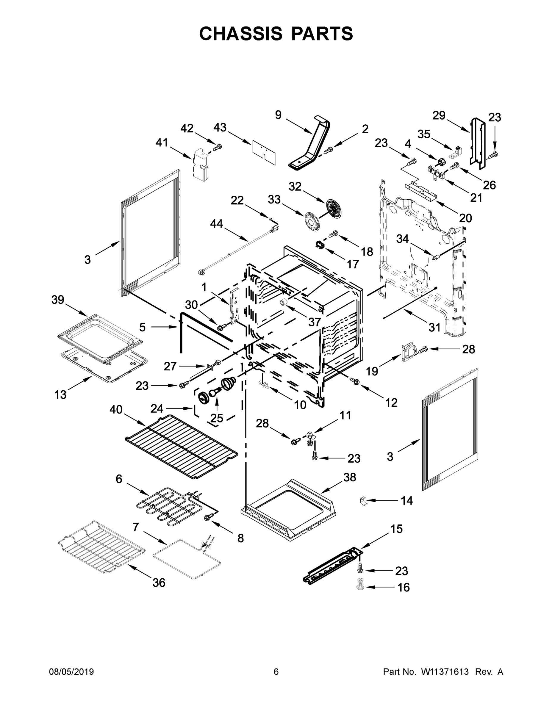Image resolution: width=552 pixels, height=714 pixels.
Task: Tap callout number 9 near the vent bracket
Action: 278,115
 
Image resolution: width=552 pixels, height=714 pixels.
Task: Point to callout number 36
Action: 159,582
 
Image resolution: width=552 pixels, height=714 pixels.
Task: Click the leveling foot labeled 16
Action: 360,587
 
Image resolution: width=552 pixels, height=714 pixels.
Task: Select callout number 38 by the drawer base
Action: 349,477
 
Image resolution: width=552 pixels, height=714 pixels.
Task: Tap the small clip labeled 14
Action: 362,500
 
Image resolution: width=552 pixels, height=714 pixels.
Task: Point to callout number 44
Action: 216,224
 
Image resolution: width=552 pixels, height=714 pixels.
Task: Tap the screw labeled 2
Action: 328,150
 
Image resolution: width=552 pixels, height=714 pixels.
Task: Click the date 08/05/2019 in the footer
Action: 71,671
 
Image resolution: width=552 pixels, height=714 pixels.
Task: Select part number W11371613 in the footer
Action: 445,671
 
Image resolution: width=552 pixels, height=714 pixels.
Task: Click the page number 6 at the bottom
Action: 276,671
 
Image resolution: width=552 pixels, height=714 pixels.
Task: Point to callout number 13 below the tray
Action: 60,394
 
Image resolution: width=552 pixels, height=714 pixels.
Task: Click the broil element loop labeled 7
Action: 186,556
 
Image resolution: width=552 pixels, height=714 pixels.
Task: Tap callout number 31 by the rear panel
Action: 434,327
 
